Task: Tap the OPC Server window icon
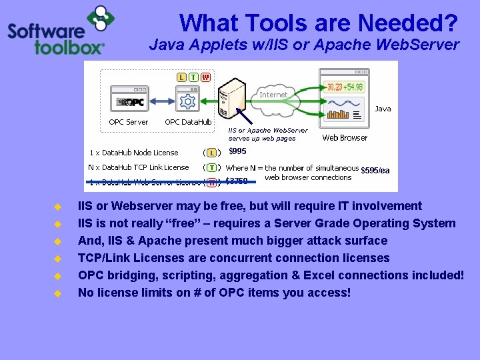pyautogui.click(x=129, y=100)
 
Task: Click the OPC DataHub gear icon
pyautogui.click(x=187, y=101)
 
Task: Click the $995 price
pyautogui.click(x=237, y=151)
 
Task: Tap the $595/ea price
pyautogui.click(x=375, y=171)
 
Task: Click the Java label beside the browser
pyautogui.click(x=383, y=109)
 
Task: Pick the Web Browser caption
pyautogui.click(x=345, y=138)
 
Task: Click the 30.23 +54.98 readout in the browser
pyautogui.click(x=344, y=87)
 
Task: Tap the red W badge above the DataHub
pyautogui.click(x=205, y=77)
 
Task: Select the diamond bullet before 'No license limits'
pyautogui.click(x=57, y=293)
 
